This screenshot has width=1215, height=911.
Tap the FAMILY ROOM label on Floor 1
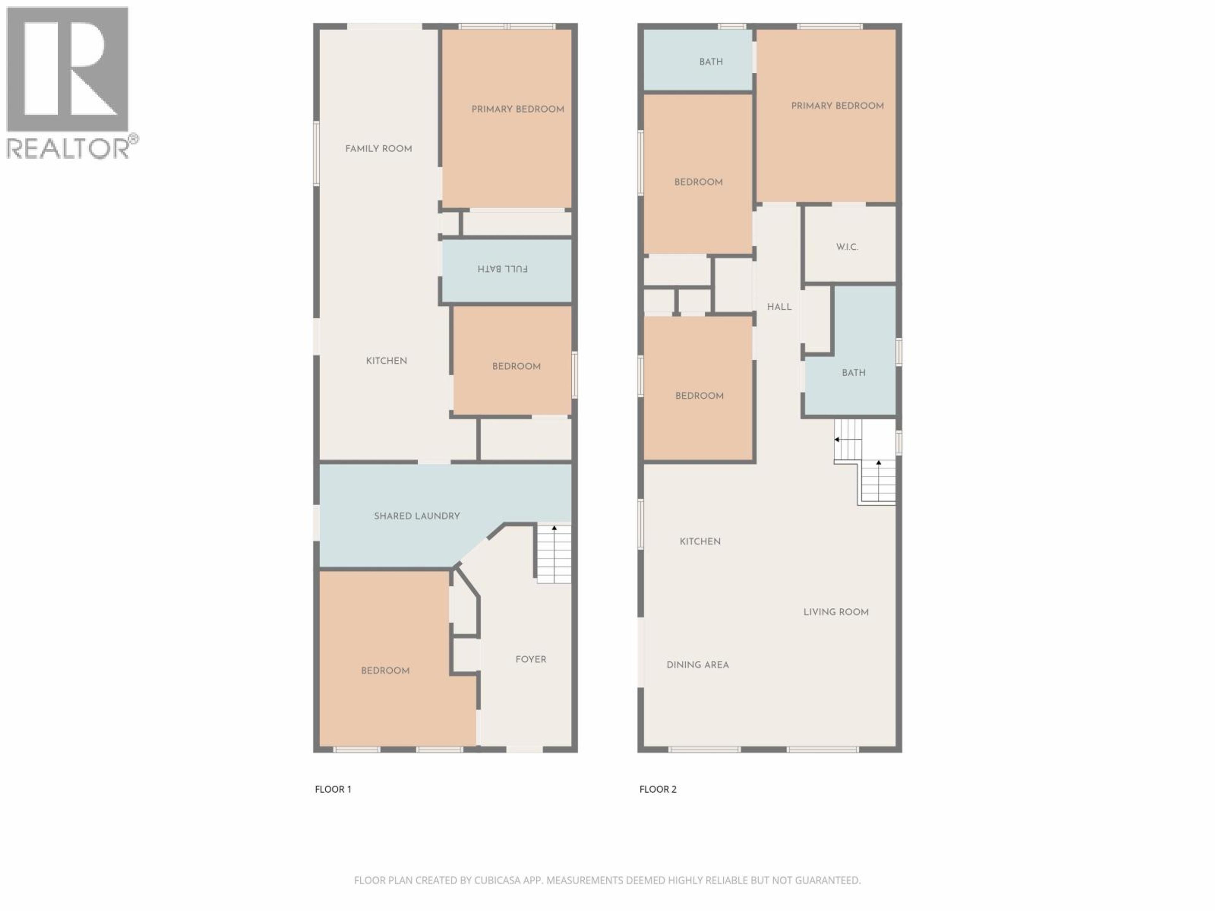378,149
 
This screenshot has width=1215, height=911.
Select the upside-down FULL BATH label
502,269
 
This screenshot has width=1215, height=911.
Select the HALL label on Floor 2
779,307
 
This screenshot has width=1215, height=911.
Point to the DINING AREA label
698,665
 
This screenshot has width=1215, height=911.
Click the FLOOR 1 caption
333,789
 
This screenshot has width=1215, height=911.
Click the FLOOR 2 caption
657,789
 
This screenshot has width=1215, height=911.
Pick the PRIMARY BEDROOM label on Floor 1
517,109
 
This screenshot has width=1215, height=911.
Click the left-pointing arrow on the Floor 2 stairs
837,439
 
